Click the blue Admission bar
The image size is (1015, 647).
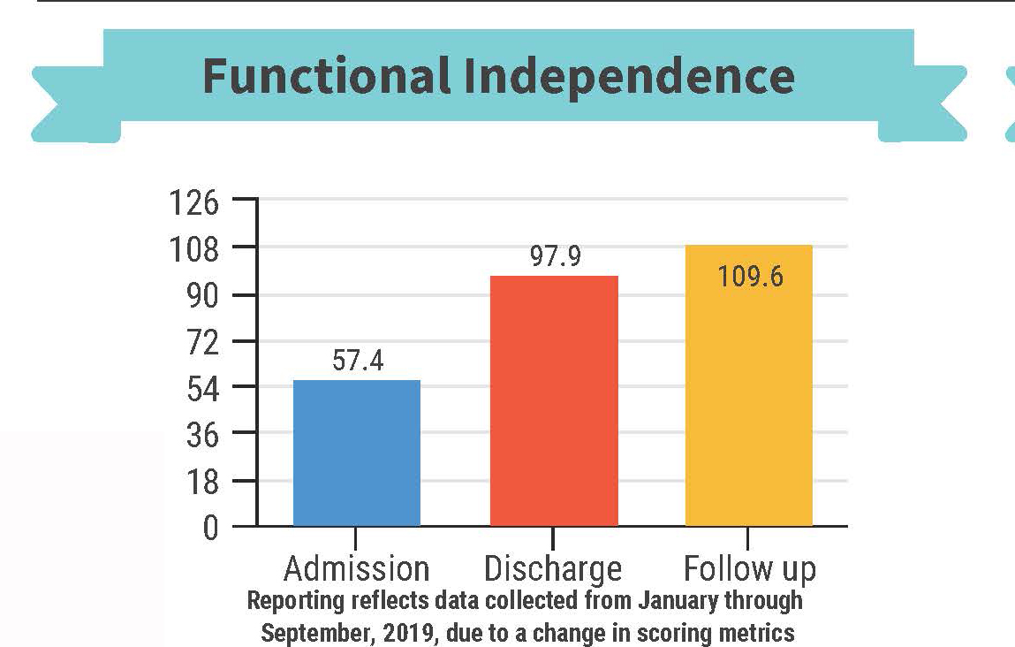[356, 453]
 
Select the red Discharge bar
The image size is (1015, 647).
[554, 401]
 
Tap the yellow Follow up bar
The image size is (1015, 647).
[749, 386]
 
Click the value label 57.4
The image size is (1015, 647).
[358, 362]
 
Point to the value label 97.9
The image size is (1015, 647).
[555, 257]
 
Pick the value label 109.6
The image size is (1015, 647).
[750, 277]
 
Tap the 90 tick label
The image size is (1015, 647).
[199, 296]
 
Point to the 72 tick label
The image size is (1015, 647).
[199, 343]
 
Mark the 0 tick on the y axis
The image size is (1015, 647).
[209, 529]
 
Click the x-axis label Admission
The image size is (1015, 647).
[356, 568]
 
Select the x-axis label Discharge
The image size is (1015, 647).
[553, 568]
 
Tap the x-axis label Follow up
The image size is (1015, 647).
[750, 568]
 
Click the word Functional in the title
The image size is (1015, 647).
[327, 76]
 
